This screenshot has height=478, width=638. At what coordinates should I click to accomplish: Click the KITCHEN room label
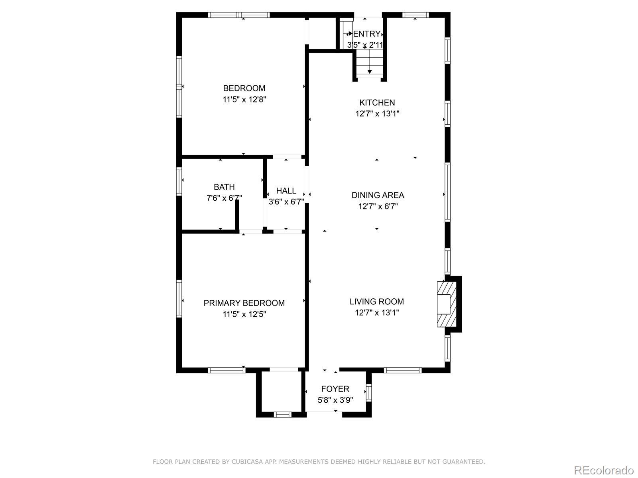[377, 102]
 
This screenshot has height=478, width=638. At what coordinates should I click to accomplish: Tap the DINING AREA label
[378, 195]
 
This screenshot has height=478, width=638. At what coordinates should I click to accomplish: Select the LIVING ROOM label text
[377, 302]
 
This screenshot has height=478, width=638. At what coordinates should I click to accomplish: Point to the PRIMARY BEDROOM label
[244, 303]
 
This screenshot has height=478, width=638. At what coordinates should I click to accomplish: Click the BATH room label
[224, 187]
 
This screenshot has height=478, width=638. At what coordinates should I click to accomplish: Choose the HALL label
[286, 191]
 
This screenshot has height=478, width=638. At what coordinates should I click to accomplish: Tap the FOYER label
[335, 389]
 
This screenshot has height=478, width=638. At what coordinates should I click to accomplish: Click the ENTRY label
[366, 34]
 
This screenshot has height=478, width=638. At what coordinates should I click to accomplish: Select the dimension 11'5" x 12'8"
[244, 100]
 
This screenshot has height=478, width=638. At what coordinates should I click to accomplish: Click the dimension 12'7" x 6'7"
[378, 206]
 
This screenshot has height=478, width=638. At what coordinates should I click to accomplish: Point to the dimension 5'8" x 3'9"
[335, 400]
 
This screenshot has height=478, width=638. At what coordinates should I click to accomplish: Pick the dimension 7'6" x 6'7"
[224, 198]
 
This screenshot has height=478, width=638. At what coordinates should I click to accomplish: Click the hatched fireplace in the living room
[447, 304]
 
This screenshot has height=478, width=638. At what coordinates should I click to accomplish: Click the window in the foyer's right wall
[368, 393]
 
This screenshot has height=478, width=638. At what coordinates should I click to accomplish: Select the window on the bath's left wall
[179, 181]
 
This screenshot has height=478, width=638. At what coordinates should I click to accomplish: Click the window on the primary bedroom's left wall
[179, 299]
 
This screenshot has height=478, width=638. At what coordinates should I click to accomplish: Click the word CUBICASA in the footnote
[247, 462]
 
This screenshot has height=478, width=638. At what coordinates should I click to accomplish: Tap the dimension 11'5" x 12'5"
[244, 314]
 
